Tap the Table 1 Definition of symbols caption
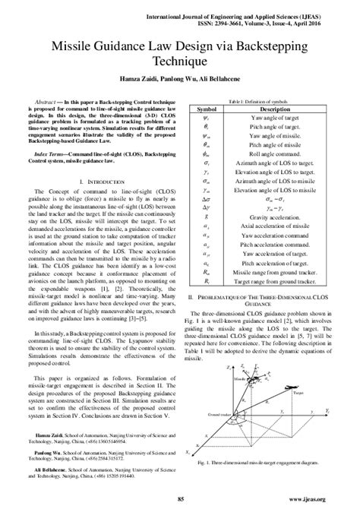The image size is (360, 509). point(261,101)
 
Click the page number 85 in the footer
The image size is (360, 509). point(180,498)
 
